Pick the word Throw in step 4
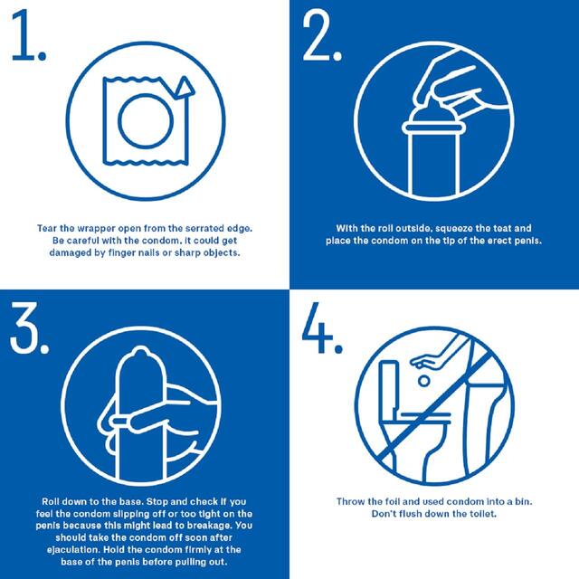(x=351, y=500)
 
